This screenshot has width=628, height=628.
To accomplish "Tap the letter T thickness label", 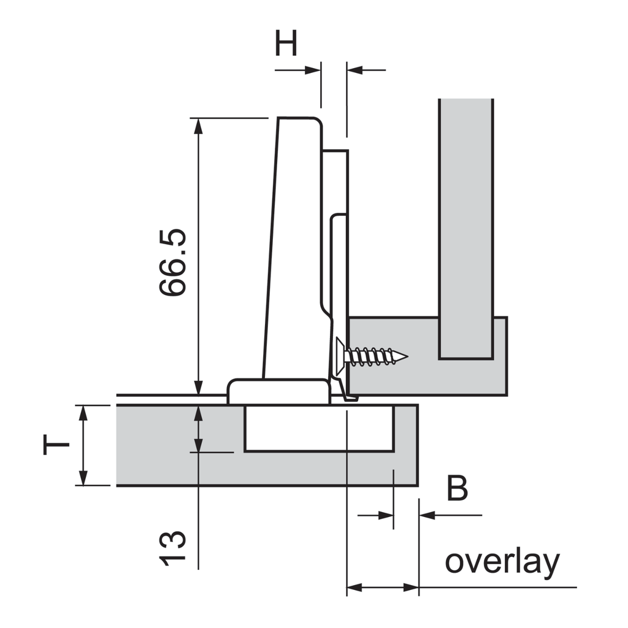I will click(x=56, y=445).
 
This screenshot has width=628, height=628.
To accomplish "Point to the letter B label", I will click(x=458, y=489).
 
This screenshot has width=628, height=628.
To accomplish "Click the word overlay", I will click(x=502, y=561).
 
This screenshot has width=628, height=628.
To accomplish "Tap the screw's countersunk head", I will click(x=340, y=356).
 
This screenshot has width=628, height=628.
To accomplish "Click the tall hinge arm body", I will click(x=294, y=245).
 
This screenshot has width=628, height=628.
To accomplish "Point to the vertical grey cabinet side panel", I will click(x=466, y=227).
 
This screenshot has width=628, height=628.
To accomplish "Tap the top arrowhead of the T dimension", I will click(x=84, y=412).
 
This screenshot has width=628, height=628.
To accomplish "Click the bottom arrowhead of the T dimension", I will click(x=84, y=478).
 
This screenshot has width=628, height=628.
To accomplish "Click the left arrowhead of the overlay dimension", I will click(x=354, y=588).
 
